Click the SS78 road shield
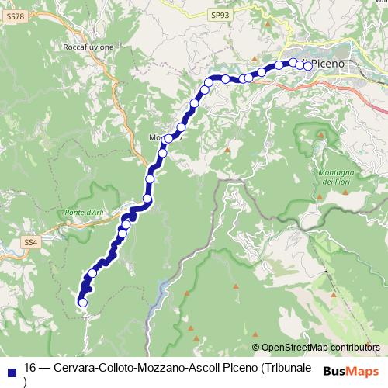coord(15,15)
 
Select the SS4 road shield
coord(30,243)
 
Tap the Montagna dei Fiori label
coord(336,176)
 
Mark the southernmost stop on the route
coord(82,302)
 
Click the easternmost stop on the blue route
coord(308,66)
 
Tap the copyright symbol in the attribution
coord(255,348)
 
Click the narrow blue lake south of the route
coord(161,291)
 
